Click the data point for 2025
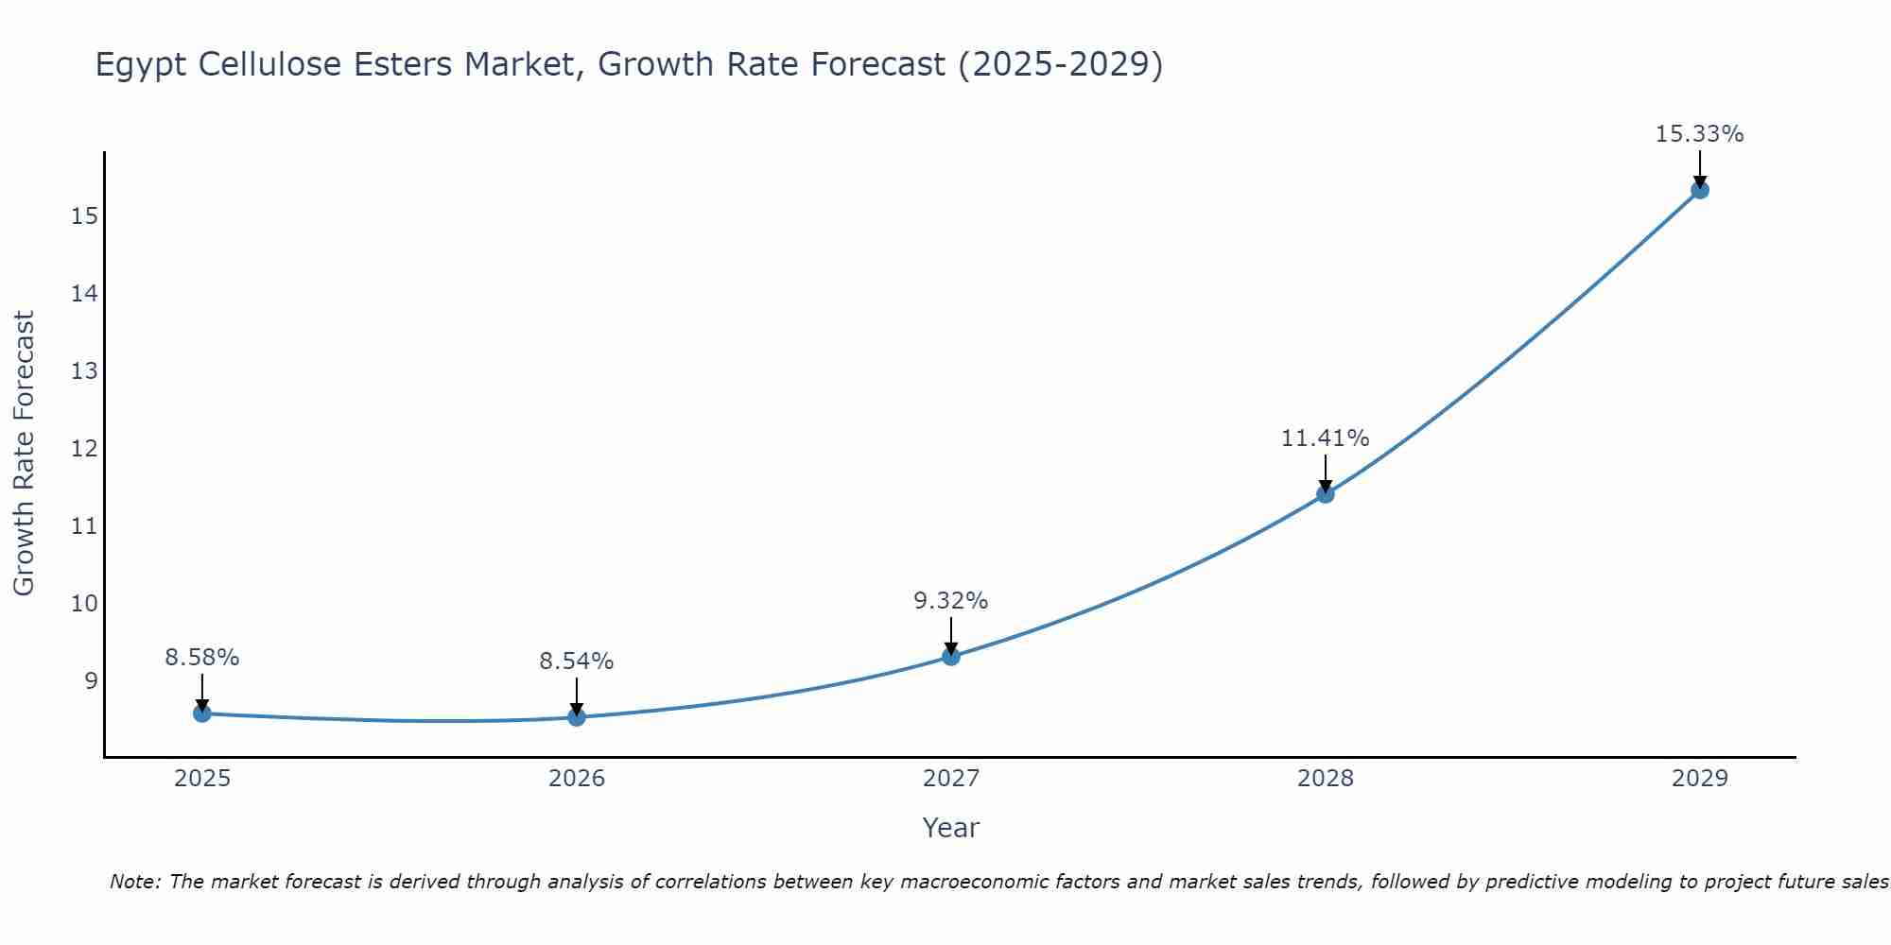click(202, 713)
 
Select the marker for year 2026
click(577, 717)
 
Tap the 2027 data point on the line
click(951, 656)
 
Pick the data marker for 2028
click(1326, 493)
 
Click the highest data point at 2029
click(1700, 190)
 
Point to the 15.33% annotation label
click(1699, 134)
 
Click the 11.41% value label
click(1325, 438)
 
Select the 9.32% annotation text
click(950, 601)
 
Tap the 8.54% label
click(577, 661)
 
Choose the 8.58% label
click(202, 658)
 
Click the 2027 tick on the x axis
click(951, 779)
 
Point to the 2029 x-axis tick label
click(1700, 779)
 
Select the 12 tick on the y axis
click(84, 449)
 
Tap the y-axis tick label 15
click(84, 216)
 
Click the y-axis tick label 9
click(91, 680)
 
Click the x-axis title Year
click(950, 828)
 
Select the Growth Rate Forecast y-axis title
click(25, 454)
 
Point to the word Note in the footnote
click(135, 883)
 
